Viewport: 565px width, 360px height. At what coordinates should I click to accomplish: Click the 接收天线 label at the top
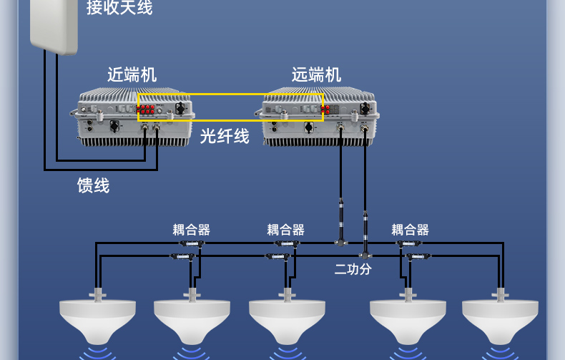pyautogui.click(x=119, y=8)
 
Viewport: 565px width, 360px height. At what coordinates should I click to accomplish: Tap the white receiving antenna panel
pyautogui.click(x=53, y=25)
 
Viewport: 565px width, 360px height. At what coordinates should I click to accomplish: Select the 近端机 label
pyautogui.click(x=132, y=74)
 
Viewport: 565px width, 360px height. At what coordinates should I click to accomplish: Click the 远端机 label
pyautogui.click(x=316, y=74)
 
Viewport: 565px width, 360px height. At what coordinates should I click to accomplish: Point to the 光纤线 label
pyautogui.click(x=225, y=136)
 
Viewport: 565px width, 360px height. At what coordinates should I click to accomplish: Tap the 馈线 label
pyautogui.click(x=94, y=185)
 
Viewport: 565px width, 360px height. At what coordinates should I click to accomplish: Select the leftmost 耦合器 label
pyautogui.click(x=192, y=230)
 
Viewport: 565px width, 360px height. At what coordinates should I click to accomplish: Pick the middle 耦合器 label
pyautogui.click(x=286, y=230)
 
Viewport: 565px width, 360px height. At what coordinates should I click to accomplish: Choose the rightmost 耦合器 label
pyautogui.click(x=411, y=230)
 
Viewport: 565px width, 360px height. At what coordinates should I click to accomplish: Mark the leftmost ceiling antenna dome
pyautogui.click(x=97, y=319)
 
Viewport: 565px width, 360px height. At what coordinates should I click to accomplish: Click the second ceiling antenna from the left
pyautogui.click(x=192, y=319)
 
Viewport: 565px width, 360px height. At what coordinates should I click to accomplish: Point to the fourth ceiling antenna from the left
pyautogui.click(x=408, y=319)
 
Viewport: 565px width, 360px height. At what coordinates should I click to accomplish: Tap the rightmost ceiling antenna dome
pyautogui.click(x=500, y=319)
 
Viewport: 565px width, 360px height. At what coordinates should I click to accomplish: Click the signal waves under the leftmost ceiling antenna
pyautogui.click(x=97, y=353)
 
